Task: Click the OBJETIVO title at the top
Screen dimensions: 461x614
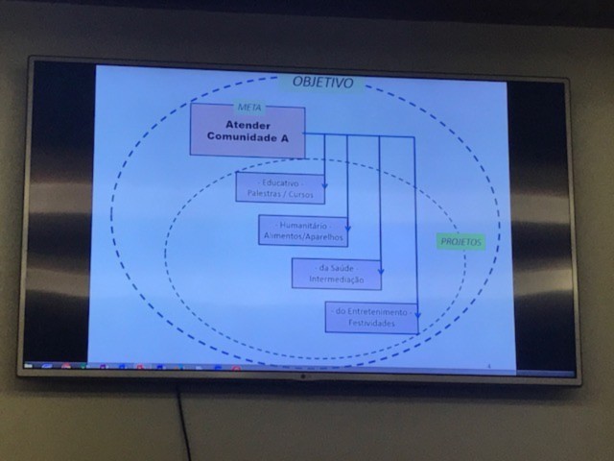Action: [322, 83]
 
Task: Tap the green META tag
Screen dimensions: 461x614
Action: [248, 107]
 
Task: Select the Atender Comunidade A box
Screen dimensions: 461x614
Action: [248, 132]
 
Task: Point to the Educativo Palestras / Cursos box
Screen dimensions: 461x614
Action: [280, 188]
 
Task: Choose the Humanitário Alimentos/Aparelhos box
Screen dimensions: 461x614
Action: [302, 230]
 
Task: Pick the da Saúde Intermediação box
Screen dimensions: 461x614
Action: [336, 273]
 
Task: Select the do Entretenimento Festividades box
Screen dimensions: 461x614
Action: [371, 317]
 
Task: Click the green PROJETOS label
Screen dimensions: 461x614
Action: [461, 242]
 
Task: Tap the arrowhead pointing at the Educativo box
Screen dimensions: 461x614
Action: [324, 184]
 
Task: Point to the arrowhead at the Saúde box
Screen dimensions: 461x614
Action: [381, 270]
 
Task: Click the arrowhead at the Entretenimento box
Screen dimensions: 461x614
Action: [416, 314]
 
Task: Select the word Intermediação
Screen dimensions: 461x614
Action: [336, 279]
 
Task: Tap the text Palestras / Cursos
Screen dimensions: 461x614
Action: [280, 194]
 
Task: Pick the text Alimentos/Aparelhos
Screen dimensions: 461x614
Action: [302, 236]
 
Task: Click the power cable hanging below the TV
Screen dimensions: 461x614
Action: [181, 423]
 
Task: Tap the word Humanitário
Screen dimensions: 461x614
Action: [302, 225]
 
